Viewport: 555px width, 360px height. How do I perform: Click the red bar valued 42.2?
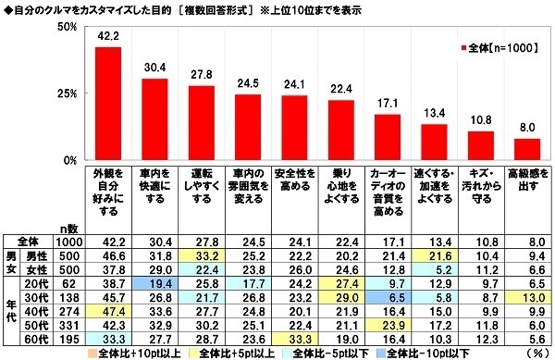point(108,104)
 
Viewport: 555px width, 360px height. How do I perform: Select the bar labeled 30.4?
point(154,119)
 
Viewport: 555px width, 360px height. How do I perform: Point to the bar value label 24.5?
point(247,81)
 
